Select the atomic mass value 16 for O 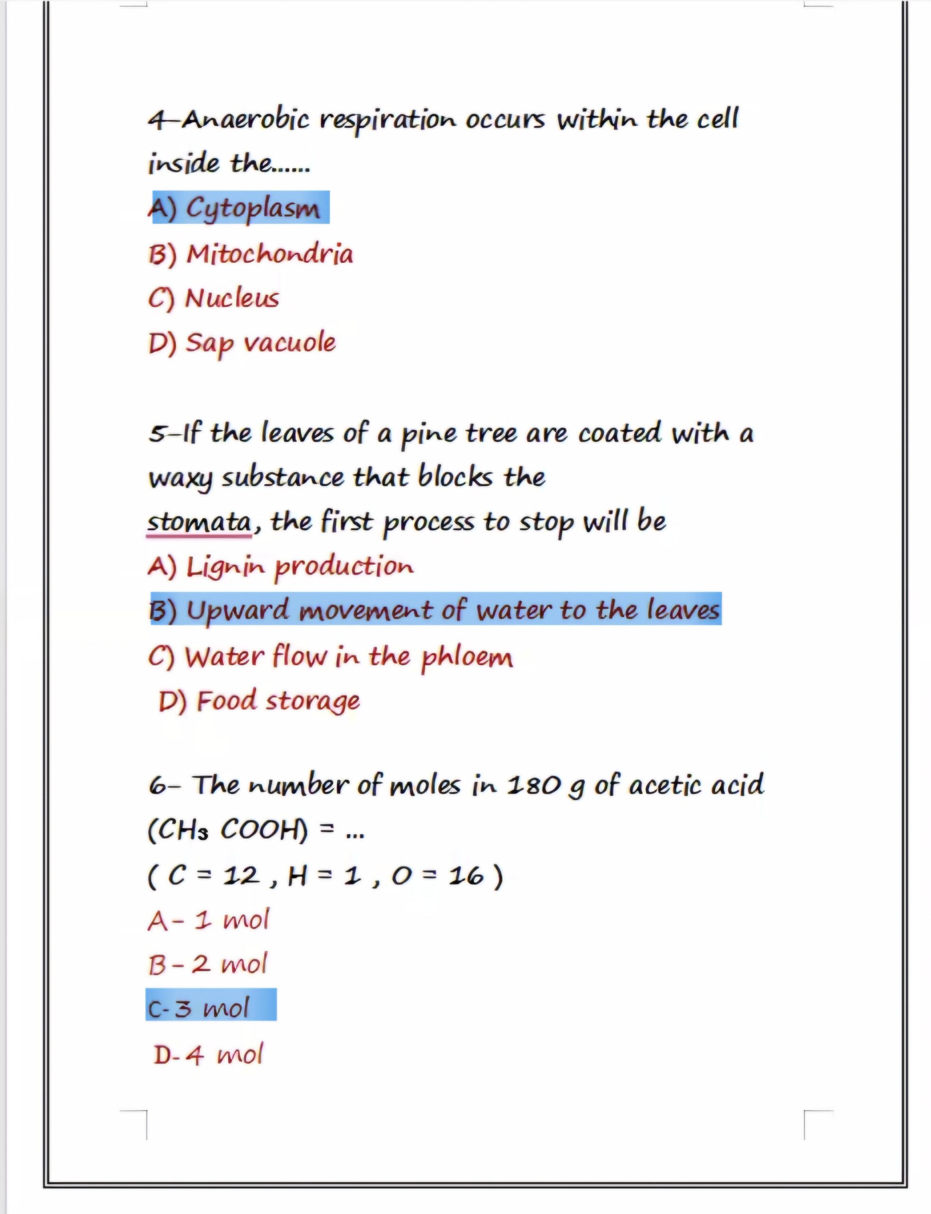tap(465, 876)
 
